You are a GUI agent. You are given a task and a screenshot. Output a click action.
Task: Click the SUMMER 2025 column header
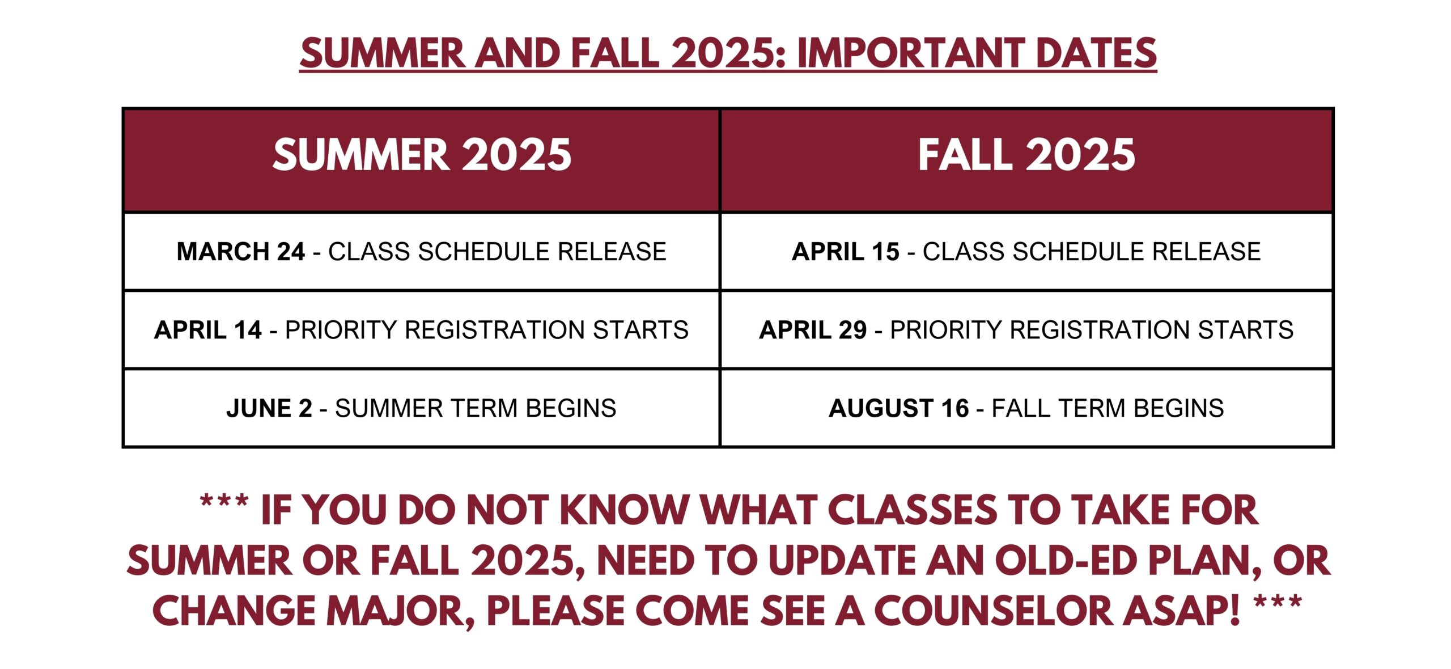point(422,155)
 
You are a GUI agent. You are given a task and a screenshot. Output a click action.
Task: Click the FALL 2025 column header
point(1026,155)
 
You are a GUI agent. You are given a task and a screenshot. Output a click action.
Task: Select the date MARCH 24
point(241,252)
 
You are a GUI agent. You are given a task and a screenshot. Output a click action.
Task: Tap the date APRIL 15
point(846,252)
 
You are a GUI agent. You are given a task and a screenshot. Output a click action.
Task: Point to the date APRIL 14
point(208,330)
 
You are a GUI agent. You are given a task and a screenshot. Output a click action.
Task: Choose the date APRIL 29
point(813,330)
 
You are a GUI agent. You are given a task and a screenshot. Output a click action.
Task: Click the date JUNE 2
point(269,408)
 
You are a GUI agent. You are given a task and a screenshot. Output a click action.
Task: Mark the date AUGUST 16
point(899,408)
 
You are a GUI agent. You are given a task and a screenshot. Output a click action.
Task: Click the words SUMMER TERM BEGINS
point(476,408)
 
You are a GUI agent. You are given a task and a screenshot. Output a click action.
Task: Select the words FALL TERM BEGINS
point(1108,408)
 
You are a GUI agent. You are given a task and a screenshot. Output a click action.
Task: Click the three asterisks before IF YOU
point(224,502)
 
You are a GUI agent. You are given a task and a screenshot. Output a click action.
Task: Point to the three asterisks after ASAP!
point(1278,603)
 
